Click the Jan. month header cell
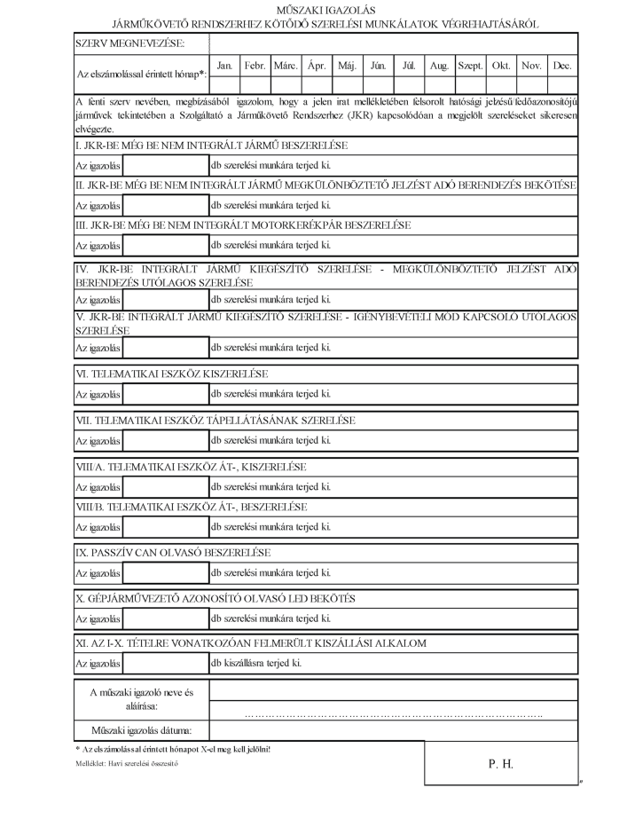pos(224,66)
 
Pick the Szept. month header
pos(470,66)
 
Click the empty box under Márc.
pos(286,83)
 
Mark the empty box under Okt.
pos(501,83)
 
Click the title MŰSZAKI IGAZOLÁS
pos(314,8)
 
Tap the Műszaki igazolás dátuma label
pos(142,731)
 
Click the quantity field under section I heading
pos(164,165)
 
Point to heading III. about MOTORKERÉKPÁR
pos(243,225)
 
